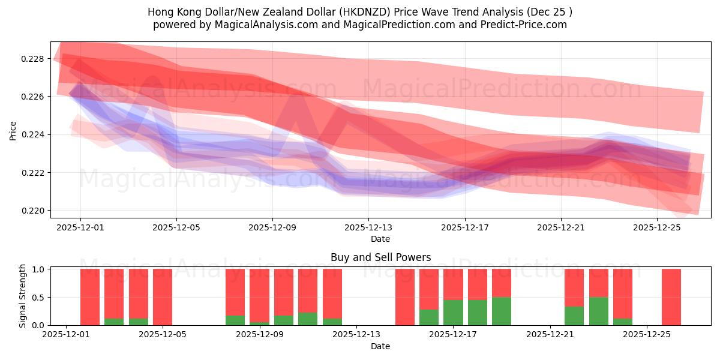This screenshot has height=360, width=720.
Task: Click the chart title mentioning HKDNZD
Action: click(x=359, y=12)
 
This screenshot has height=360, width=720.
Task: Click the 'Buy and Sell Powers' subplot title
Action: click(x=380, y=257)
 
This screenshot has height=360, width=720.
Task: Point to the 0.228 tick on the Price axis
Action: click(x=33, y=59)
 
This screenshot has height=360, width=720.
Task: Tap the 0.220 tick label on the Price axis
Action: click(x=33, y=211)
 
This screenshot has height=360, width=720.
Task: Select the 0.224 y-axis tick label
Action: click(x=33, y=135)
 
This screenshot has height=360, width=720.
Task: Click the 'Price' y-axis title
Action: click(x=13, y=130)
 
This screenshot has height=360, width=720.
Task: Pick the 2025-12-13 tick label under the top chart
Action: click(x=368, y=228)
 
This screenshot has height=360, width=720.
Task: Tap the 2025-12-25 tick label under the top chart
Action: click(x=657, y=228)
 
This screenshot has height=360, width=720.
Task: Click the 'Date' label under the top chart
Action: click(x=380, y=239)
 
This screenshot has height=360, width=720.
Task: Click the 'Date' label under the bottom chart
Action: click(x=380, y=346)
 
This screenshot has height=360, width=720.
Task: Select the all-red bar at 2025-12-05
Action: click(x=163, y=297)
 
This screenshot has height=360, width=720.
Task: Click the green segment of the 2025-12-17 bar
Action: click(x=453, y=313)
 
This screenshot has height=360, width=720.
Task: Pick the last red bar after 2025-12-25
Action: click(x=671, y=297)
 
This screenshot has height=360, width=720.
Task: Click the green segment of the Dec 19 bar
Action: click(x=502, y=311)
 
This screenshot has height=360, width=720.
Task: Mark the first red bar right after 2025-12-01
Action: click(x=90, y=297)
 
